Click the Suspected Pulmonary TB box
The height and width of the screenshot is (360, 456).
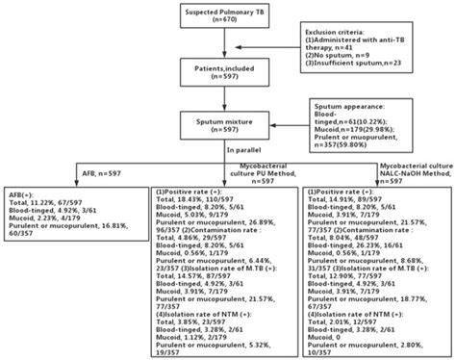pos(228,17)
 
